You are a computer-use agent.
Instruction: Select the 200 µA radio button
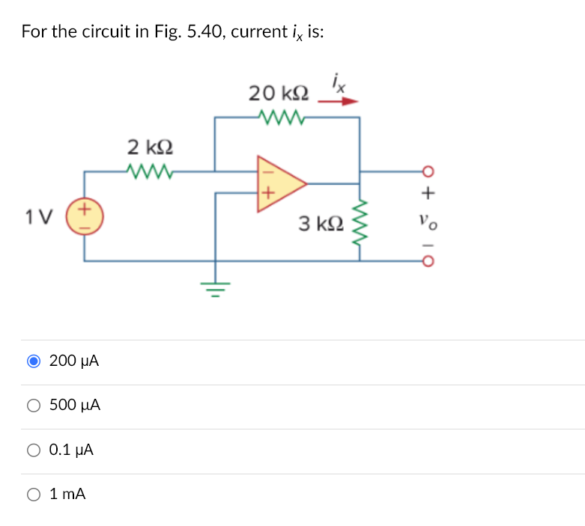(34, 361)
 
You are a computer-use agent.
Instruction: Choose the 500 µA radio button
(34, 406)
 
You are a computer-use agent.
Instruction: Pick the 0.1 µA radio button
(34, 450)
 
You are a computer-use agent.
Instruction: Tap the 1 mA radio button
(34, 494)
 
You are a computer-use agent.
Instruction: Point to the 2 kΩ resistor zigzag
(151, 172)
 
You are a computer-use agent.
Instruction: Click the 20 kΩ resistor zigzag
(279, 117)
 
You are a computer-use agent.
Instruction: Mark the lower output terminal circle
(428, 261)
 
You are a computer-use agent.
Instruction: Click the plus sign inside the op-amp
(265, 196)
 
